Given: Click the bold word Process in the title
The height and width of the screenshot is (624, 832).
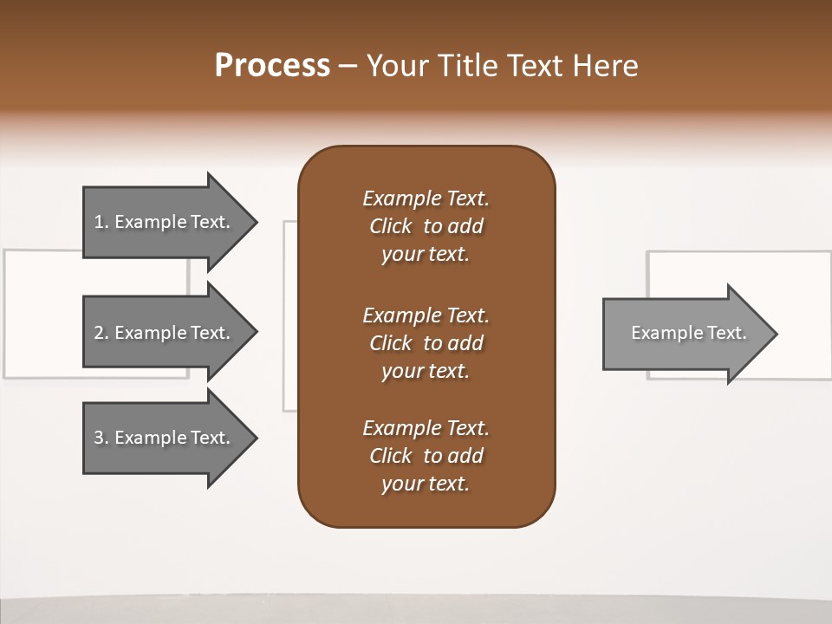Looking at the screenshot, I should click(272, 65).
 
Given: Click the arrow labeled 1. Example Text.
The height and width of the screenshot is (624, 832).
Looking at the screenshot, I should click(165, 222).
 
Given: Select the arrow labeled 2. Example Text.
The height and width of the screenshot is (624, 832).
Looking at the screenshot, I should click(165, 333).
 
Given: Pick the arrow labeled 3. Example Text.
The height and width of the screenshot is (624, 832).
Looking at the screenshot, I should click(165, 438).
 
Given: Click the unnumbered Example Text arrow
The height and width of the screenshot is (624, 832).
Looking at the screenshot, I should click(685, 333).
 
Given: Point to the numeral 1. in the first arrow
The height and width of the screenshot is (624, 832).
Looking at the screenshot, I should click(101, 222).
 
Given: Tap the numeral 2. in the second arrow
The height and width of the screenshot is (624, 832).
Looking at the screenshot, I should click(101, 333).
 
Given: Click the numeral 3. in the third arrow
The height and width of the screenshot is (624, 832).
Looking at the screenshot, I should click(101, 438).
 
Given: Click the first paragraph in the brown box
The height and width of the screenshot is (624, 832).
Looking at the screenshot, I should click(426, 226).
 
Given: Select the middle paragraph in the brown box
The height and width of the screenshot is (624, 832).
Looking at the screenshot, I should click(426, 342).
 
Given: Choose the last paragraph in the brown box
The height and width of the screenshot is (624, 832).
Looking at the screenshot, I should click(426, 456).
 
